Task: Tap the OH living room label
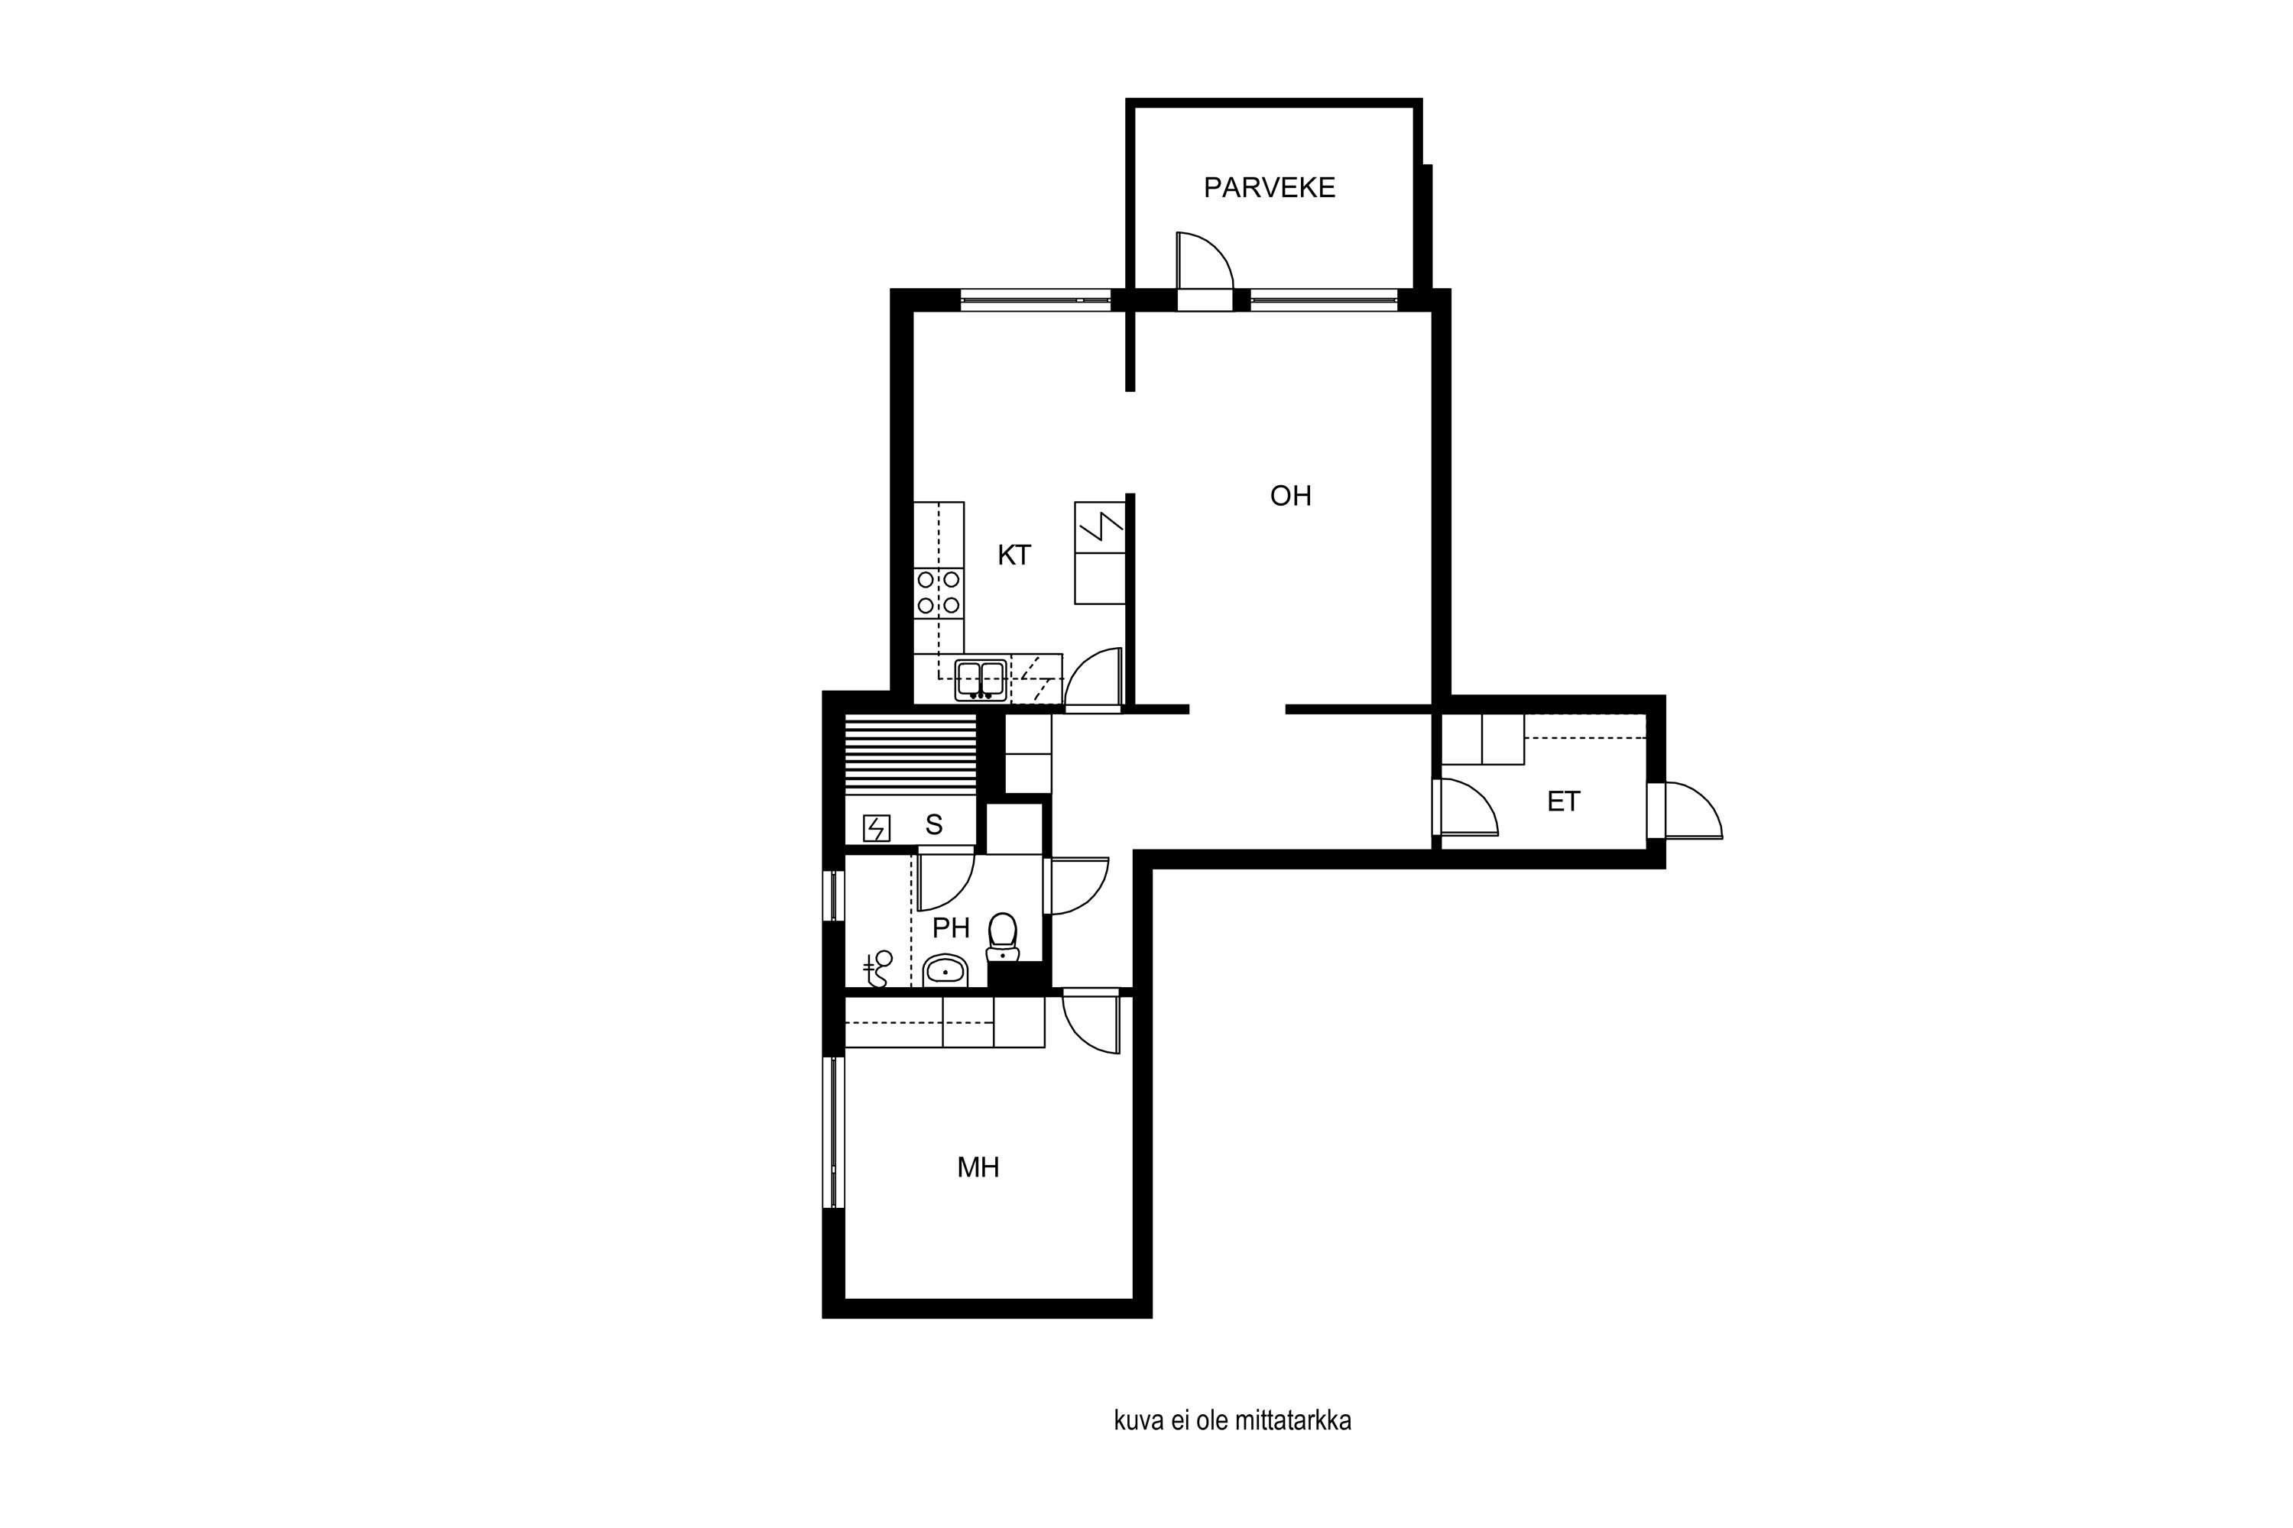(1290, 496)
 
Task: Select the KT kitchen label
(1014, 555)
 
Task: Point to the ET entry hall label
(1563, 801)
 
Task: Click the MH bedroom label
(978, 1167)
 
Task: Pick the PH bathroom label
(951, 927)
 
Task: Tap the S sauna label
(934, 825)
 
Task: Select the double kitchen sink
(981, 680)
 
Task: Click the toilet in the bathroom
(1002, 937)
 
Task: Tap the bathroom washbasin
(945, 970)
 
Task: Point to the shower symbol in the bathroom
(877, 969)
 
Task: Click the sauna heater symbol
(877, 828)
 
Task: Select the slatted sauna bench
(910, 754)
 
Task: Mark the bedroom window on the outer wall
(834, 1132)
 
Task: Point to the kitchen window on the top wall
(1036, 300)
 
